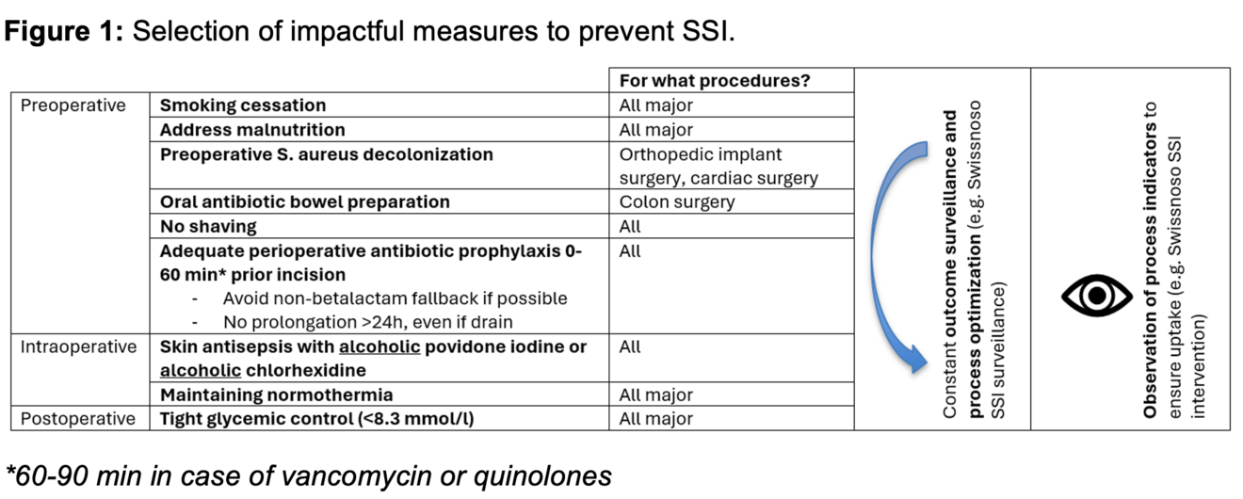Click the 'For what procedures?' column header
(714, 81)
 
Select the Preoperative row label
(73, 105)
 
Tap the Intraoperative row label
(79, 347)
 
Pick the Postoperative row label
(78, 419)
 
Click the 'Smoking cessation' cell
(243, 105)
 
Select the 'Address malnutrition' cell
(252, 130)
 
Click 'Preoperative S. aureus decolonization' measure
(326, 154)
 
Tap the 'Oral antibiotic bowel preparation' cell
(304, 202)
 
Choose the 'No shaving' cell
(208, 227)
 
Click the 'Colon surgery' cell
(677, 202)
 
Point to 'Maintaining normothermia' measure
(276, 395)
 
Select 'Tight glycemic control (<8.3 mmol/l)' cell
(316, 419)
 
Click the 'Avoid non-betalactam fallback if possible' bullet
(395, 298)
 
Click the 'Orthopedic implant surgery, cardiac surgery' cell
(718, 166)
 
